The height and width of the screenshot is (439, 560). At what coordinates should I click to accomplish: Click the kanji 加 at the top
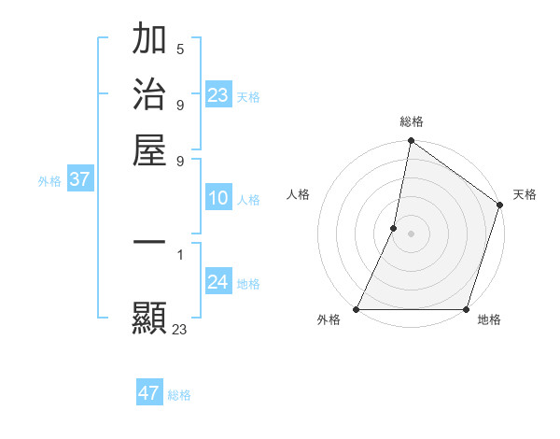tap(149, 41)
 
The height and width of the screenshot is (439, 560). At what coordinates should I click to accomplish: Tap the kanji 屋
tap(149, 149)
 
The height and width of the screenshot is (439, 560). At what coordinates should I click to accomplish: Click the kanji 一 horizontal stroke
tap(149, 244)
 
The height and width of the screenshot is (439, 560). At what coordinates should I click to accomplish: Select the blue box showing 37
tap(79, 180)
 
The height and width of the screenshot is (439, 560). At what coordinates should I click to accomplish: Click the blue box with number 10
tap(218, 199)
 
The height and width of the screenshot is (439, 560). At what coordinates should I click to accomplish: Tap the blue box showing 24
tap(218, 283)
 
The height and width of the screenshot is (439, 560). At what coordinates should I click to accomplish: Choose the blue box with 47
tap(149, 393)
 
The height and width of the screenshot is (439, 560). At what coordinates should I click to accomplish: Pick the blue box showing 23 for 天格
tap(218, 95)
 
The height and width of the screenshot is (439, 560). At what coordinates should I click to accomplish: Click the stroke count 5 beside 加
tap(179, 49)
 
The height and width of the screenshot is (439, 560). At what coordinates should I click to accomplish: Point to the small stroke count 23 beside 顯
tap(180, 329)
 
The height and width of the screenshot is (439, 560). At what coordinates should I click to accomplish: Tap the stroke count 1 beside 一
tap(179, 253)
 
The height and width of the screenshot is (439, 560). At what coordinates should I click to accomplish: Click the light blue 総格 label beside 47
tap(179, 395)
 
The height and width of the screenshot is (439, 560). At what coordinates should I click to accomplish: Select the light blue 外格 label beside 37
tap(49, 181)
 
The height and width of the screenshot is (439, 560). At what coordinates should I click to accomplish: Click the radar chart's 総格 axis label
tap(411, 122)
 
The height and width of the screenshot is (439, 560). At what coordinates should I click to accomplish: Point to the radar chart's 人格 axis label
tap(299, 194)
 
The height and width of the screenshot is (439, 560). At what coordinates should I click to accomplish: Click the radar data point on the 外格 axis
tap(357, 309)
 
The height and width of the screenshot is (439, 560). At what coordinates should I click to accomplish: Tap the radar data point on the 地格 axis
tap(466, 309)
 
